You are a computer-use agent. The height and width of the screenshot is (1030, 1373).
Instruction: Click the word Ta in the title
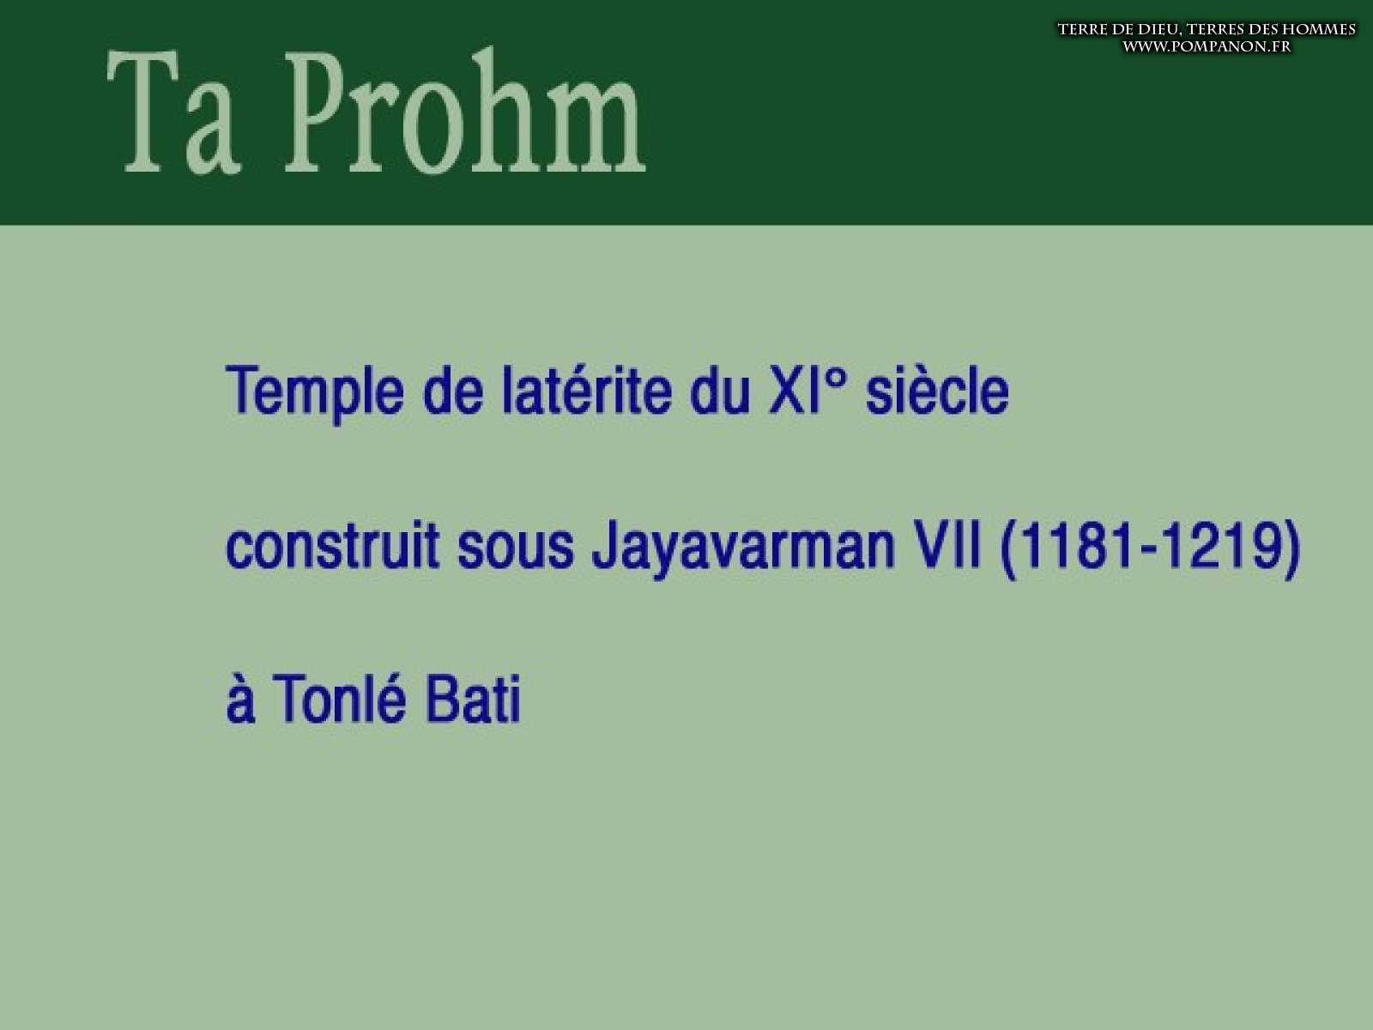pos(173,112)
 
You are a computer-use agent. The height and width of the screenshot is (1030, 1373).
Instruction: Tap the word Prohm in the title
pos(466,110)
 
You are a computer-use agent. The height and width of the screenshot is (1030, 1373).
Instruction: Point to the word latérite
pos(587,391)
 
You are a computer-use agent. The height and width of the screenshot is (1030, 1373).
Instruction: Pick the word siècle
pos(937,391)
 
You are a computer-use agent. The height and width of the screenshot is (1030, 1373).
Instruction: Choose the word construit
pos(332,546)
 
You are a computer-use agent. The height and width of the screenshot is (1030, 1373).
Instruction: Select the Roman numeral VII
pos(946,547)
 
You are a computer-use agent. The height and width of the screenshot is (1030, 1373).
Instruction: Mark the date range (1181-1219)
pos(1150,548)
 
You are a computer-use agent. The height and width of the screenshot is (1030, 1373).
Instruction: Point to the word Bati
pos(473,700)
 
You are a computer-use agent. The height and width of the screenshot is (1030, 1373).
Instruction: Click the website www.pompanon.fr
pos(1207,47)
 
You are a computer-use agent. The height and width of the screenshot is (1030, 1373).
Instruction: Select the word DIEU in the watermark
pos(1151,29)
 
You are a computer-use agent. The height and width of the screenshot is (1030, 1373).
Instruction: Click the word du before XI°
pos(720,391)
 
